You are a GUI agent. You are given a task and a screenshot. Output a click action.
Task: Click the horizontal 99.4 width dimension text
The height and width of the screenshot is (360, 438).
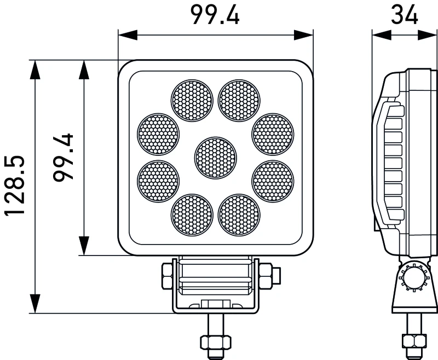(x=215, y=15)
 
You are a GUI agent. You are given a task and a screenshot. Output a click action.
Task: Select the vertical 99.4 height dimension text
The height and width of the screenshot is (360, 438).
(x=64, y=158)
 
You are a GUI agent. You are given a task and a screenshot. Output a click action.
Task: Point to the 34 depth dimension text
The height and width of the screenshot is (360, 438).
(x=405, y=15)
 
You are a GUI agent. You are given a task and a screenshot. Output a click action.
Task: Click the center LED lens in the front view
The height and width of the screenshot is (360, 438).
(x=215, y=158)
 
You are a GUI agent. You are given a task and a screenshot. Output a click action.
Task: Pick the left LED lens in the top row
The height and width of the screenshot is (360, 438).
(x=192, y=101)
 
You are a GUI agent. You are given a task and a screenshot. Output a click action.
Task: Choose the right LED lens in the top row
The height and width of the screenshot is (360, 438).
(x=239, y=101)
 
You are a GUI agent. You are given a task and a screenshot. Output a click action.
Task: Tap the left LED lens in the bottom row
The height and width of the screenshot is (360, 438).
(x=192, y=215)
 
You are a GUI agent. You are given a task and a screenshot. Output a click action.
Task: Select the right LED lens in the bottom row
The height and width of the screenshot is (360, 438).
(x=239, y=215)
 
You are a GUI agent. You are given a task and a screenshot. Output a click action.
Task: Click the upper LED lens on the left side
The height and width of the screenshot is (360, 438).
(x=158, y=134)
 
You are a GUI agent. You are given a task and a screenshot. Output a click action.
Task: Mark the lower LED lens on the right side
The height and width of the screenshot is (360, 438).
(x=273, y=181)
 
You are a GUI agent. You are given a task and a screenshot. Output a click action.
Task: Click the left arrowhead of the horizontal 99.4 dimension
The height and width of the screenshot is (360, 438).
(x=128, y=35)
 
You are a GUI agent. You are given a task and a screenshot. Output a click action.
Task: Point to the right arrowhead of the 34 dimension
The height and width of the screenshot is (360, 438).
(x=427, y=35)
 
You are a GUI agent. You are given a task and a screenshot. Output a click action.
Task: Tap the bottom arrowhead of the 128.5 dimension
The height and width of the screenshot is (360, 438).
(x=35, y=303)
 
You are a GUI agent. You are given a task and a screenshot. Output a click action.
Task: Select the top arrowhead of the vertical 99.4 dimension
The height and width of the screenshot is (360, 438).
(x=84, y=70)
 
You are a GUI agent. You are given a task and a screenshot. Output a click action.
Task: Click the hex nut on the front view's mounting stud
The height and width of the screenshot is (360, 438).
(x=216, y=342)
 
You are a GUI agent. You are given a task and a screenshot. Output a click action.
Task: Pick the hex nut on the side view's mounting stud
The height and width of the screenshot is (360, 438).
(x=414, y=341)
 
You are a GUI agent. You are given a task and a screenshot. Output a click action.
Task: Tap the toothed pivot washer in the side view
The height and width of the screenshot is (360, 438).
(x=413, y=277)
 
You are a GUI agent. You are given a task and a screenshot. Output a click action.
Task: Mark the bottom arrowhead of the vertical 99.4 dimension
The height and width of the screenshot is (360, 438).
(x=84, y=246)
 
